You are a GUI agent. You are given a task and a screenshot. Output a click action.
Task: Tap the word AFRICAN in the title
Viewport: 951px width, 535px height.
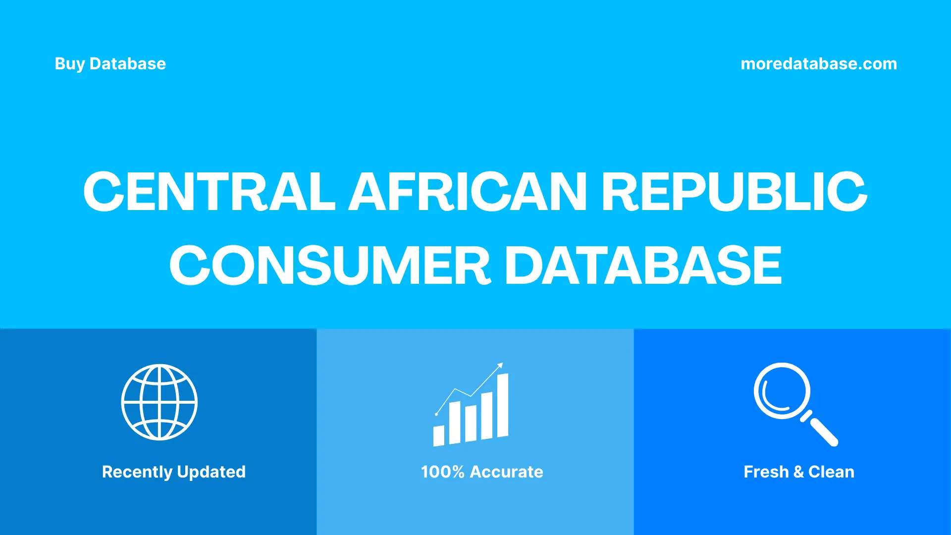[468, 192]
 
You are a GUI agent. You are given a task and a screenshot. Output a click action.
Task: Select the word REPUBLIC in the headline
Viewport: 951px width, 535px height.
[734, 192]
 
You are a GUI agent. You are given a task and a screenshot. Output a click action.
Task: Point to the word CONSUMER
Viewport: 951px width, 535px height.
[330, 266]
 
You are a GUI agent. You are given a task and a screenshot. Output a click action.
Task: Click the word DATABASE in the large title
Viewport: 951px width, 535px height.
[643, 266]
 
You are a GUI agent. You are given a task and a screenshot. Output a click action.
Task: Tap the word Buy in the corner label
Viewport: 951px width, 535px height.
[70, 64]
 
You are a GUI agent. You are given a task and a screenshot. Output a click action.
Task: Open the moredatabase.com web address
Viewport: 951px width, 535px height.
[818, 64]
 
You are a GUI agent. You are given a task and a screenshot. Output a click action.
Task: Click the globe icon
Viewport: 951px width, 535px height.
[159, 402]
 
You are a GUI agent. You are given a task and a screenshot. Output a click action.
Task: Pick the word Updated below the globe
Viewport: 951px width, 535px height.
[211, 472]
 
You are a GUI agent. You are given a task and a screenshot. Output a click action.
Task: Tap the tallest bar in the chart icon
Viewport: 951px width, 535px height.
[502, 405]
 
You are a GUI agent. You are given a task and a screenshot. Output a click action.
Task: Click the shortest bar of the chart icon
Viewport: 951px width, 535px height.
[438, 435]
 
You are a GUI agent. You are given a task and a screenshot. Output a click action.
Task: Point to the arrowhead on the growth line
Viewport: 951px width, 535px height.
[500, 366]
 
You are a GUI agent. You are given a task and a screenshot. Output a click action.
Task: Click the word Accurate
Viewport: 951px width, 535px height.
[506, 472]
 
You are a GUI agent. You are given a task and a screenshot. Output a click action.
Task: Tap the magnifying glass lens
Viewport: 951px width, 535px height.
[782, 391]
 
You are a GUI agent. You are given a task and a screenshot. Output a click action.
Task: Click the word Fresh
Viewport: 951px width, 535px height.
[766, 472]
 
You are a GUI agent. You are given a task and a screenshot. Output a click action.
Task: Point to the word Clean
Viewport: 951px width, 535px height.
[831, 472]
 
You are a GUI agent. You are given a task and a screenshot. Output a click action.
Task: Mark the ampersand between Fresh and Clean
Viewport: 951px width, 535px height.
[798, 472]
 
